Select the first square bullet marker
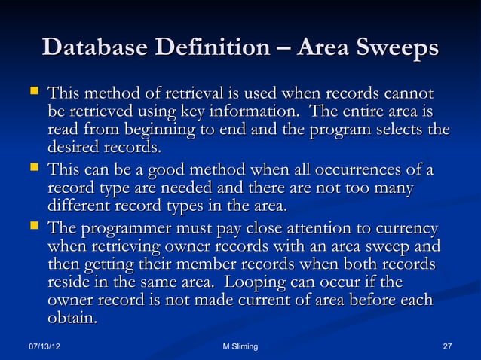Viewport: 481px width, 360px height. click(33, 94)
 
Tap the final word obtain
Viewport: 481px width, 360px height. click(73, 319)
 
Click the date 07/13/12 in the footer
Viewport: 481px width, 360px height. click(44, 346)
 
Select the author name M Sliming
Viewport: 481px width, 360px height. click(240, 346)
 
